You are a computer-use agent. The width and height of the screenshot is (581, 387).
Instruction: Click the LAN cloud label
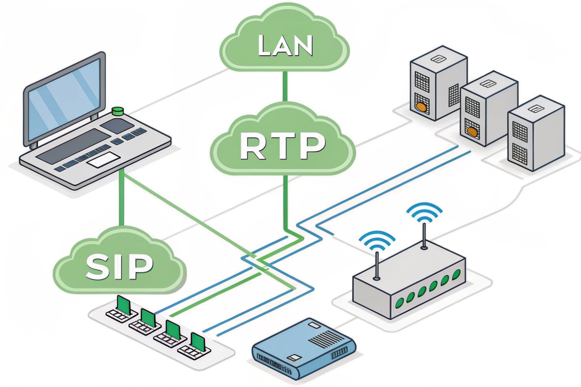(285, 45)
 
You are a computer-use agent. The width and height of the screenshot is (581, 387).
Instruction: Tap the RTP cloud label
(283, 147)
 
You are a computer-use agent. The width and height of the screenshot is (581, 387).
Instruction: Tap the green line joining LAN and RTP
(285, 86)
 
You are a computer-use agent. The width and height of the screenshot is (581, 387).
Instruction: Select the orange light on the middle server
(472, 132)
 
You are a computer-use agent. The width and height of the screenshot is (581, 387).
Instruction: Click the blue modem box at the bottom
(304, 347)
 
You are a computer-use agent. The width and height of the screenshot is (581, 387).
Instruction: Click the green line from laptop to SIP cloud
(121, 198)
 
